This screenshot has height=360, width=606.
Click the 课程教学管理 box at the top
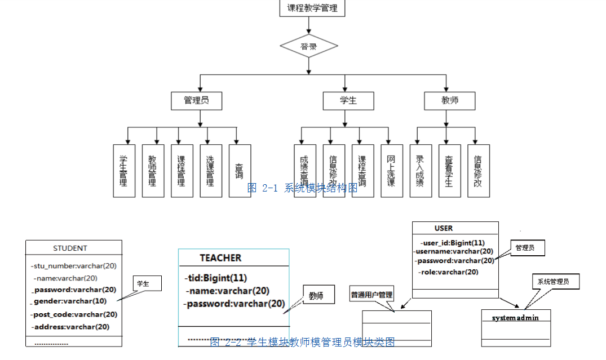312,8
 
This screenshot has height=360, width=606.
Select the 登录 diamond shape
309,47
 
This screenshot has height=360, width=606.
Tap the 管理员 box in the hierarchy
196,101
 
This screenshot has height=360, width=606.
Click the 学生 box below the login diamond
348,101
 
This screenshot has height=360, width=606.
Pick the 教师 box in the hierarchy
449,101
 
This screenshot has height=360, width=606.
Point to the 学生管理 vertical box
124,171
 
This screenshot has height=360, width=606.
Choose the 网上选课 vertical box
391,171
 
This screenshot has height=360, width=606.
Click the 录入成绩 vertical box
420,171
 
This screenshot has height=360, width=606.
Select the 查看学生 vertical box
449,171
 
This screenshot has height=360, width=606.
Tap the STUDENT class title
70,248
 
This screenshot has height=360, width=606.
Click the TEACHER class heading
220,258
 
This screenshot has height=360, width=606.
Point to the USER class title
444,228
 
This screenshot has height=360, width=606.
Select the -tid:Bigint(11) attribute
216,278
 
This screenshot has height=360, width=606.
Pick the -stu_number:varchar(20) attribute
74,266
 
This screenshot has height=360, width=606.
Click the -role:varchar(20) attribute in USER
449,272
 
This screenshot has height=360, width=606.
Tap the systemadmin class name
515,318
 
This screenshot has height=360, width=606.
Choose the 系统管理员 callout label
556,281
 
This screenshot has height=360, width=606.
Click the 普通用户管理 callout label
371,294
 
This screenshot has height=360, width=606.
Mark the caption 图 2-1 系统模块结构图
302,188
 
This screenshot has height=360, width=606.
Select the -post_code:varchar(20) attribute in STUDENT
74,314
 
